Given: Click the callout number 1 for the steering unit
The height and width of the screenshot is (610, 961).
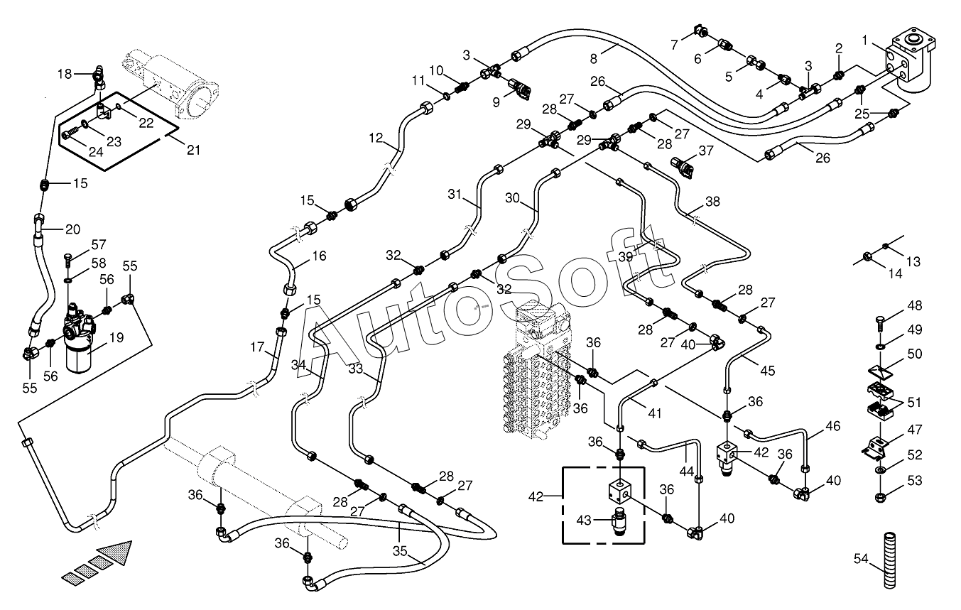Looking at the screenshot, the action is pos(865,40).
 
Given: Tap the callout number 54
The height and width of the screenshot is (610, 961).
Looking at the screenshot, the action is pos(861,559).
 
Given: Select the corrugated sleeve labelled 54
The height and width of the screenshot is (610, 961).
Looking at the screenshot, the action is pos(889,560).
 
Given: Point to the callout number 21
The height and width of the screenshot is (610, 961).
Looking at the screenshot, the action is pos(193,150).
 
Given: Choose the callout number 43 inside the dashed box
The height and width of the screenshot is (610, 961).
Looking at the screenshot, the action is pos(583,521).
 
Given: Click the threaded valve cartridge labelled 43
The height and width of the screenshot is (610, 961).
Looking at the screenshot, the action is pos(619,521).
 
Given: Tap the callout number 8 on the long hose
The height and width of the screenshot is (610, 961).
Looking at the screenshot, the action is pos(593,59).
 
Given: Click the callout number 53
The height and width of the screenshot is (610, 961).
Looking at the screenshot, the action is pos(915,481).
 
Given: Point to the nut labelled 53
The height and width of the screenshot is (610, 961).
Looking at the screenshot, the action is pos(880,498).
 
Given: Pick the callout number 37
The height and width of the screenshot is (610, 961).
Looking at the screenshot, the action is pos(706,150).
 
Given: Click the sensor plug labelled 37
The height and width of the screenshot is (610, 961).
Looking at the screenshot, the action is pos(682,168).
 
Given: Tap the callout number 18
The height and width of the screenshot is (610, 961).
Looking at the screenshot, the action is pos(65,74).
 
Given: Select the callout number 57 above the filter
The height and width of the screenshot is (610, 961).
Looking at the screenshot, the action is pos(99,244).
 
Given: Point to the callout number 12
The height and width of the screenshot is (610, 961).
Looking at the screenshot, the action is pos(376,138).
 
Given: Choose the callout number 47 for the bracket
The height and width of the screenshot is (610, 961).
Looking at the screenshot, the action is pos(915,429).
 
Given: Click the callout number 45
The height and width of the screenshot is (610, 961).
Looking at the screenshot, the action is pos(768,370).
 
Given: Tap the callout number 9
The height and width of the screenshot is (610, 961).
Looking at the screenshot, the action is pos(496,102).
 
